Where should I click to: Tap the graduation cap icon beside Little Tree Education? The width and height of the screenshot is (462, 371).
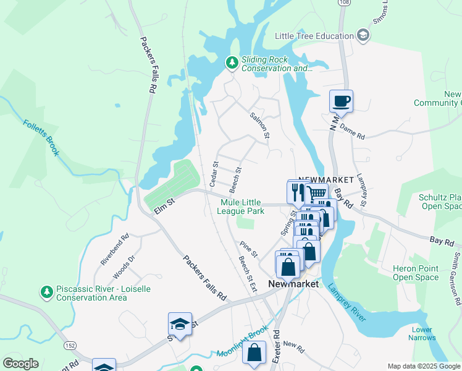[x=363, y=36]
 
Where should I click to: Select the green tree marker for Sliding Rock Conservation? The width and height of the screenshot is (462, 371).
[x=232, y=62]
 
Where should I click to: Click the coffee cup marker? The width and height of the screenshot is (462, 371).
[x=341, y=100]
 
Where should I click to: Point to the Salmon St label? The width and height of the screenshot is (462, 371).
[x=259, y=125]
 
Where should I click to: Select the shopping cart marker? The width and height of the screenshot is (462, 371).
[x=316, y=194]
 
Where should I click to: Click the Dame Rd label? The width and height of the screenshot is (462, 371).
[x=353, y=131]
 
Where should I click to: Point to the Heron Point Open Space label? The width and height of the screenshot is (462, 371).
[x=416, y=273]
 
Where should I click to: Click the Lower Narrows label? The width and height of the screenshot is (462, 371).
[x=422, y=333]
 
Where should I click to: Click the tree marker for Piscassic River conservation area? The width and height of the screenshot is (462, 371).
[x=46, y=291]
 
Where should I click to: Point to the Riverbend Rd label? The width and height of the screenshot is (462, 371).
[x=115, y=250]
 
